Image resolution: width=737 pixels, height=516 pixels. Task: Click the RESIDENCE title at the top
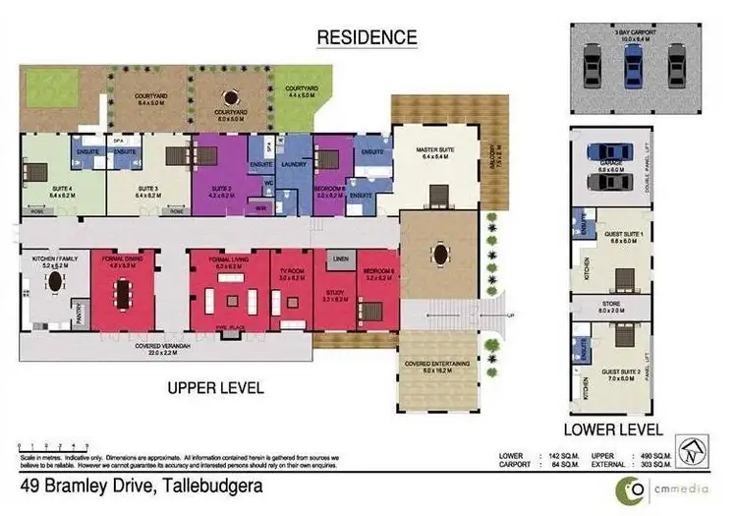click(367, 37)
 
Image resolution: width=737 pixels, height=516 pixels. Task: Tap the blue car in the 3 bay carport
click(632, 67)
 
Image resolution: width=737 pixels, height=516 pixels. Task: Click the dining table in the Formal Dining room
click(124, 293)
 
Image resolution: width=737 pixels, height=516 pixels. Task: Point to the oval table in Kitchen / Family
click(54, 282)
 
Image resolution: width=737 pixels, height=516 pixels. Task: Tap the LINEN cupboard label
click(340, 258)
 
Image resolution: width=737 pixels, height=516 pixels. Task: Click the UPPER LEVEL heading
click(214, 387)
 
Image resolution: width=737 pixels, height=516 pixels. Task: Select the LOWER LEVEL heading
click(613, 430)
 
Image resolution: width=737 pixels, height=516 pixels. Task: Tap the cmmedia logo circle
click(626, 487)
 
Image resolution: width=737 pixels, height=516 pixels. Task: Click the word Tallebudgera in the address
click(208, 486)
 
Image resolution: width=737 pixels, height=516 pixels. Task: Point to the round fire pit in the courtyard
click(232, 96)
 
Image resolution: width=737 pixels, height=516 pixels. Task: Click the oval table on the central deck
click(436, 253)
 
